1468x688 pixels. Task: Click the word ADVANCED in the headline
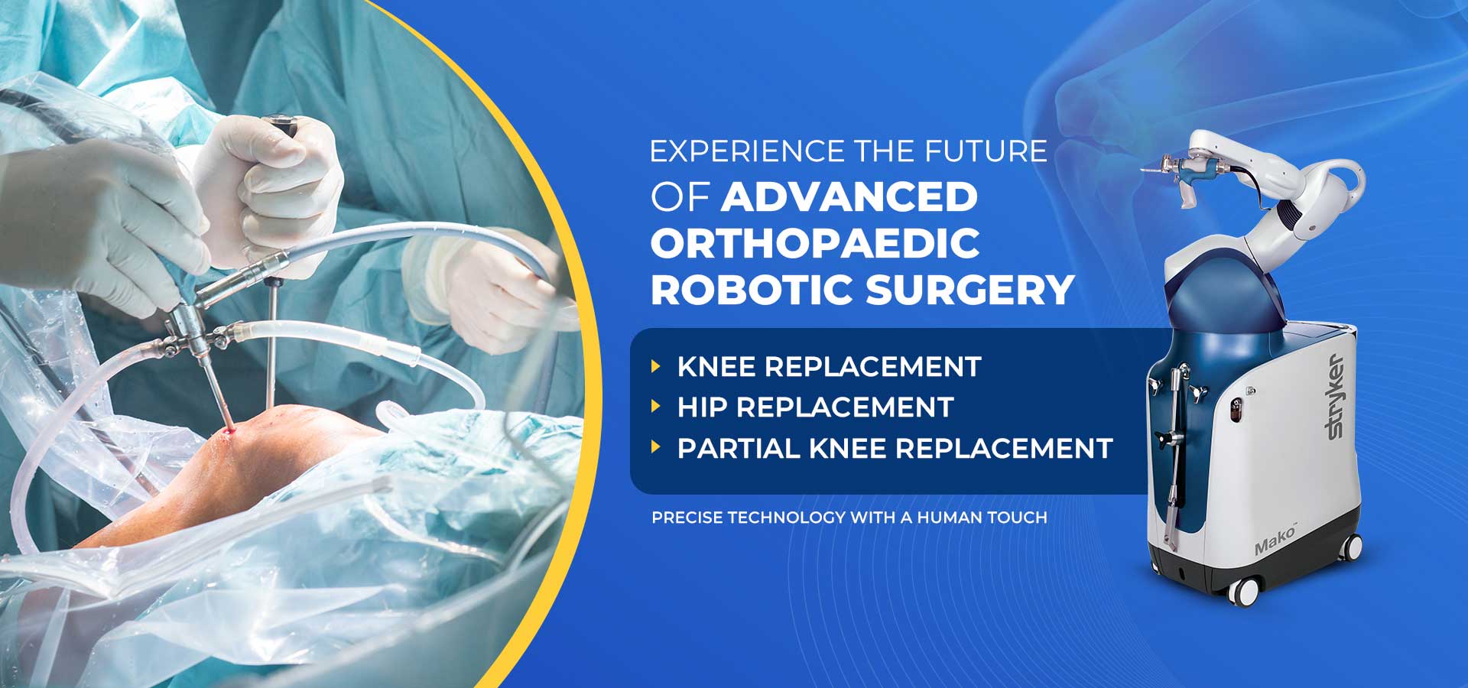[x=849, y=197]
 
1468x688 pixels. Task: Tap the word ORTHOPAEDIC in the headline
[x=815, y=244]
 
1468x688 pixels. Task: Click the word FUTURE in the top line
[x=986, y=151]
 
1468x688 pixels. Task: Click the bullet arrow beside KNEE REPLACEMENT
[x=655, y=366]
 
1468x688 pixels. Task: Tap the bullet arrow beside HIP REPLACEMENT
[x=655, y=407]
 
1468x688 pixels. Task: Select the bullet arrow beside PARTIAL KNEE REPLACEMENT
[x=655, y=447]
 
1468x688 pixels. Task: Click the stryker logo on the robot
[x=1335, y=396]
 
